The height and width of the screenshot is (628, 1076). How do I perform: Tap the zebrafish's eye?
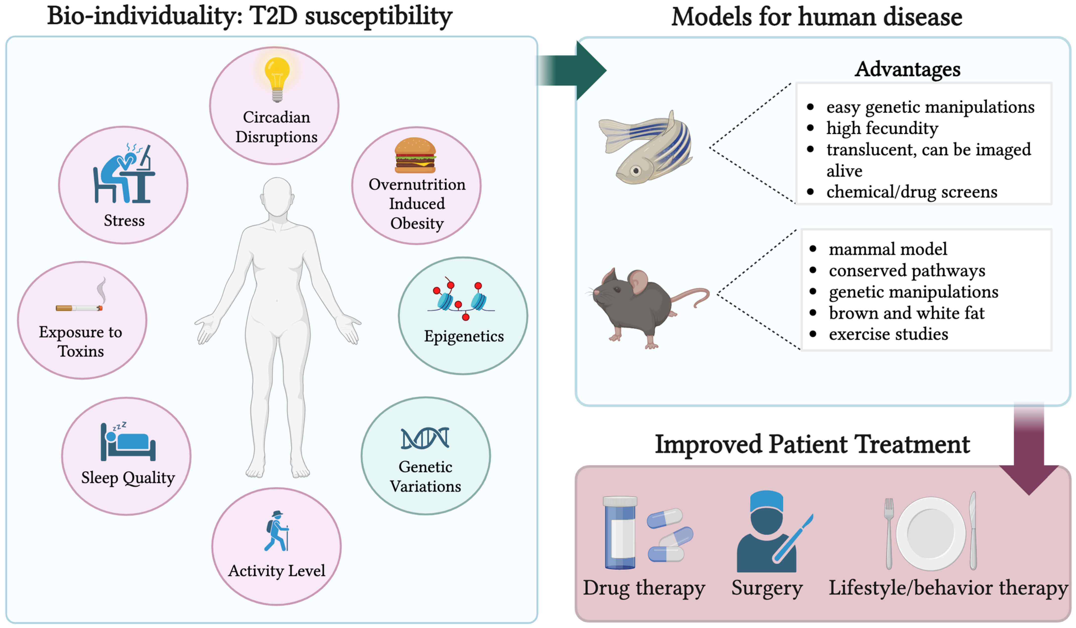(636, 171)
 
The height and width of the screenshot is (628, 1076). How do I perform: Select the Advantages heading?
(907, 69)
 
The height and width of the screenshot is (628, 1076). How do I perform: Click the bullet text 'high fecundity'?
(882, 128)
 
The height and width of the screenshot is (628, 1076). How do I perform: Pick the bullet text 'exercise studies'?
(888, 334)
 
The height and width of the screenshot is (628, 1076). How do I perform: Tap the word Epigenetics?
(464, 336)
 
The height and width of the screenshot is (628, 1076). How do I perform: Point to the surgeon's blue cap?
(767, 500)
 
